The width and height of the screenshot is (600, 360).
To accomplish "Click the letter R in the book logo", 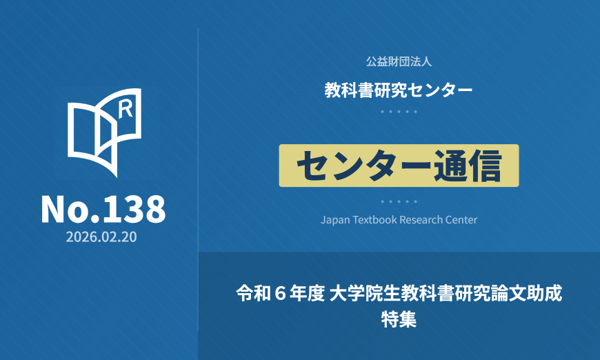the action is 125,109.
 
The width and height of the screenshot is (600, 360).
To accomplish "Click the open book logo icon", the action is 104,132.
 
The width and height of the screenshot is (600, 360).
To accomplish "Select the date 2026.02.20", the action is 101,237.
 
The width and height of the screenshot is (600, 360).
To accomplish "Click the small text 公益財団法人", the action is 399,61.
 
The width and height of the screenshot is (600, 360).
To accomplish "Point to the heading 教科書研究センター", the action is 399,90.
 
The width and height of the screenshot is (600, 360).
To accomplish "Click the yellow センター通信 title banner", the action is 399,166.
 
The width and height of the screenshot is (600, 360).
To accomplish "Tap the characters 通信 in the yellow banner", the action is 467,166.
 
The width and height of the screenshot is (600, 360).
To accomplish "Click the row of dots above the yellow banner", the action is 399,112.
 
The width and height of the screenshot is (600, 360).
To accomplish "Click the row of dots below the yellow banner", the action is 399,201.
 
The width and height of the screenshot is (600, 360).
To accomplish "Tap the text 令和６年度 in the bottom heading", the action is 281,293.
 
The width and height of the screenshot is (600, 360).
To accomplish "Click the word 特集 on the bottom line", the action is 399,319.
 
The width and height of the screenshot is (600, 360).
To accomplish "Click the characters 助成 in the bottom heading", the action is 545,293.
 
